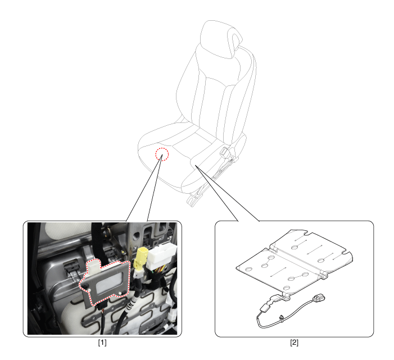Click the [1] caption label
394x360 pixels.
[102, 343]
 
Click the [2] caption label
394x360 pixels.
[295, 343]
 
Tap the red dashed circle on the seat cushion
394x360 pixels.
[162, 154]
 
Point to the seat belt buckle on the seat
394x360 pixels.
[224, 152]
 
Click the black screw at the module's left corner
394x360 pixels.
[85, 286]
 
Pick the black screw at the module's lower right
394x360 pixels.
[124, 293]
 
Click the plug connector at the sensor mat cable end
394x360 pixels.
[318, 298]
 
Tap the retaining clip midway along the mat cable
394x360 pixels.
[281, 318]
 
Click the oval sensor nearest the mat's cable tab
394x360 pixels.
[287, 288]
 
